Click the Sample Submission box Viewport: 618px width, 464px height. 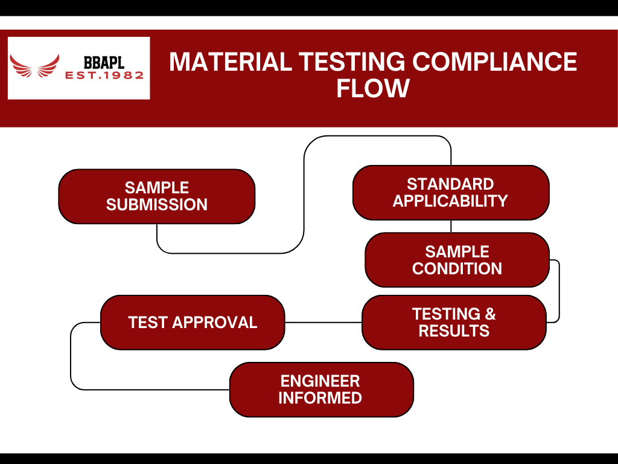(x=156, y=196)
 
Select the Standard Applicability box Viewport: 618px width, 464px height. (x=450, y=192)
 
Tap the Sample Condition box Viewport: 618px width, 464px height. (x=457, y=260)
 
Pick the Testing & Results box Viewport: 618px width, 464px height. (x=454, y=322)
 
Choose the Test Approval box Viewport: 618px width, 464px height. (x=192, y=322)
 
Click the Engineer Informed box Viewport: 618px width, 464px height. (x=321, y=389)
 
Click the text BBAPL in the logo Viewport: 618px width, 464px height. (x=104, y=62)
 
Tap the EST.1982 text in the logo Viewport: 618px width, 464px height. (x=104, y=76)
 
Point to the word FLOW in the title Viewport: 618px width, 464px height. (x=373, y=88)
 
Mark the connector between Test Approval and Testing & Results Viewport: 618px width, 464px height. (x=323, y=322)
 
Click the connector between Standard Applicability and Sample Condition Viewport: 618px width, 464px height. (x=451, y=226)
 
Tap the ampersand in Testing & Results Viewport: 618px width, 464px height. (x=489, y=314)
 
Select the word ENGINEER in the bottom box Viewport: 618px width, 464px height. (x=320, y=381)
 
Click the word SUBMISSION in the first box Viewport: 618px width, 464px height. (x=156, y=205)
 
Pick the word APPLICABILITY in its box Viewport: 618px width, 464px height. (x=450, y=201)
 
